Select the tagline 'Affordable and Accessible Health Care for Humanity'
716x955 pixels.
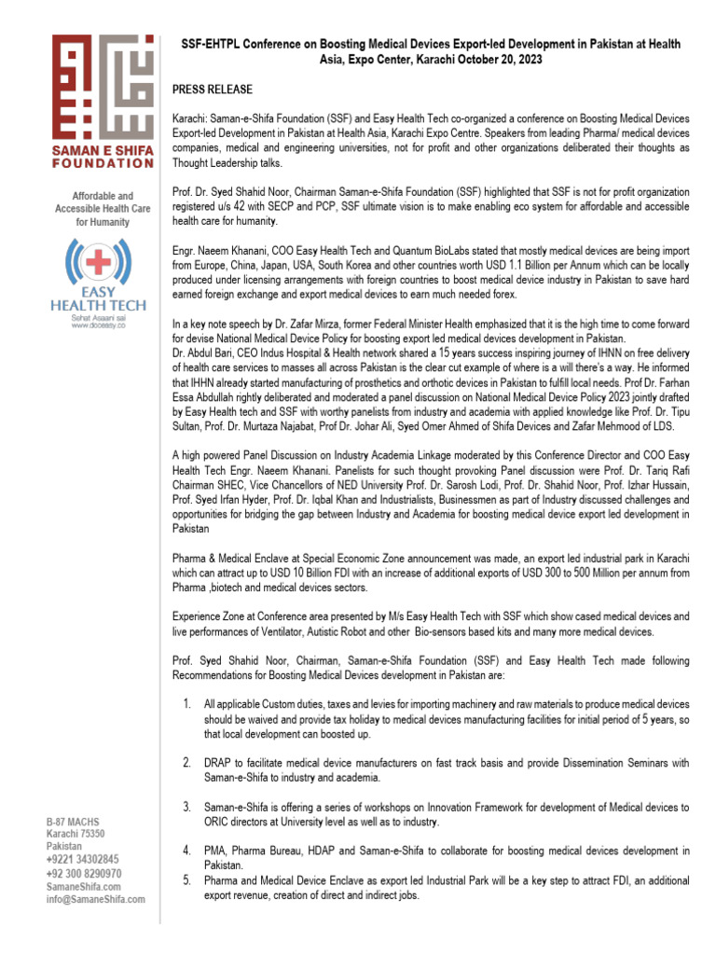(103, 210)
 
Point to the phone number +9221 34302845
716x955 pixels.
(83, 859)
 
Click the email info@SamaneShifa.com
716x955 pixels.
(96, 899)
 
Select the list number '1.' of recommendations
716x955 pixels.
(186, 702)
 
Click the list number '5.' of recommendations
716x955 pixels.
(186, 879)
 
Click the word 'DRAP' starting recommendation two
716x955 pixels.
(217, 763)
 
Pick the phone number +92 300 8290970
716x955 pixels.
(84, 873)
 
